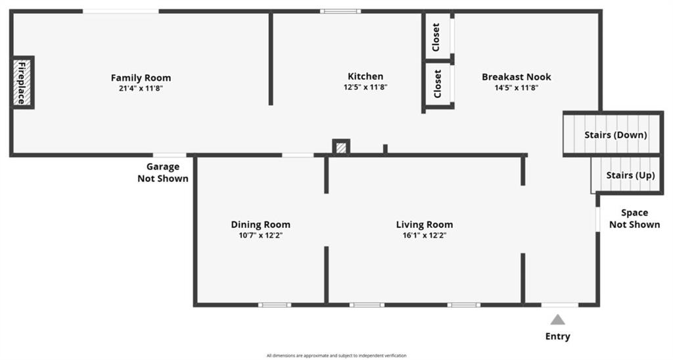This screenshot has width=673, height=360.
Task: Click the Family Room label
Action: pyautogui.click(x=141, y=78)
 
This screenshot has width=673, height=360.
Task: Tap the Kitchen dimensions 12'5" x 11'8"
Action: pyautogui.click(x=365, y=87)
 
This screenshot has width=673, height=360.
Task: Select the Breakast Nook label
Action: pyautogui.click(x=517, y=77)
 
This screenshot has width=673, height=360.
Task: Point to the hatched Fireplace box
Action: pyautogui.click(x=22, y=82)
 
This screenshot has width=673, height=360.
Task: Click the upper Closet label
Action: pyautogui.click(x=436, y=37)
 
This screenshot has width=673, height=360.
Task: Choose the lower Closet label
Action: pyautogui.click(x=437, y=83)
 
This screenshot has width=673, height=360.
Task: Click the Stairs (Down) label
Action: pyautogui.click(x=615, y=135)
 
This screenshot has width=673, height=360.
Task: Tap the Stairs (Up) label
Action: pyautogui.click(x=630, y=175)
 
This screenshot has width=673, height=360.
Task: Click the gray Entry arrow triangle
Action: pyautogui.click(x=557, y=319)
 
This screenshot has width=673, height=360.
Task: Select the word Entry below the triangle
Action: pyautogui.click(x=557, y=336)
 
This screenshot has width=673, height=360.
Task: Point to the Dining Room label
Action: pyautogui.click(x=260, y=225)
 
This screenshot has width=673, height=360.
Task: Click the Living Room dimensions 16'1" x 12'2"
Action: pyautogui.click(x=425, y=235)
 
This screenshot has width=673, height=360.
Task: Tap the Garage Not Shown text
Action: pyautogui.click(x=163, y=173)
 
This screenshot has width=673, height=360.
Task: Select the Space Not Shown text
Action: pyautogui.click(x=634, y=218)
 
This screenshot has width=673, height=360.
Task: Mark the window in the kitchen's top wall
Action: pyautogui.click(x=340, y=11)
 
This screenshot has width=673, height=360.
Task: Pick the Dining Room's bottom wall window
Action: pyautogui.click(x=275, y=305)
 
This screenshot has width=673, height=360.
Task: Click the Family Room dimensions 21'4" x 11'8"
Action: pyautogui.click(x=141, y=89)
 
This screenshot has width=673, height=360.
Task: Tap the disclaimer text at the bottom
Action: pyautogui.click(x=336, y=355)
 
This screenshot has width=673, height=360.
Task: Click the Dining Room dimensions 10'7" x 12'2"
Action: pyautogui.click(x=260, y=235)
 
